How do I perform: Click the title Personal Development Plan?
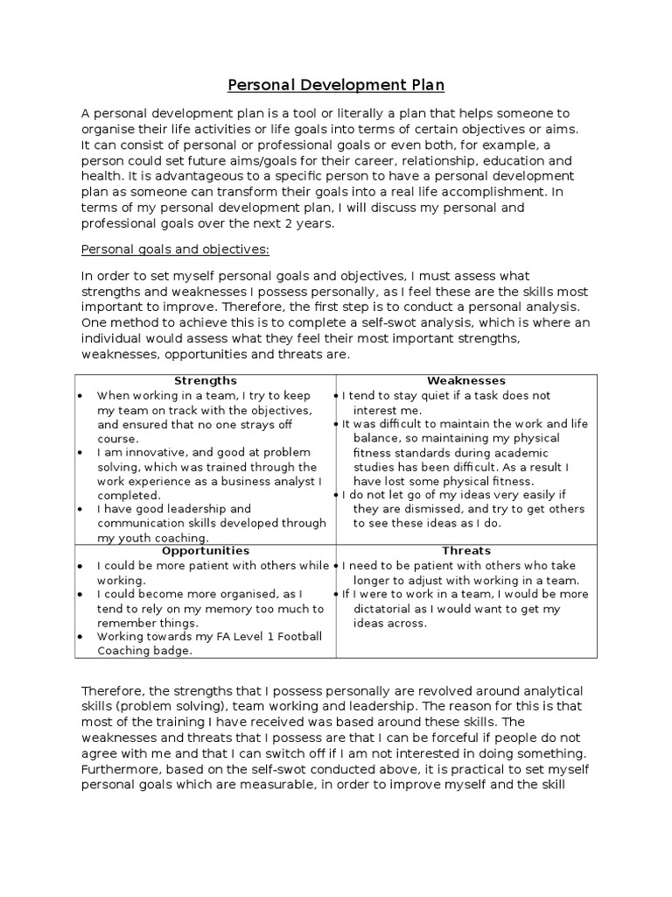[336, 85]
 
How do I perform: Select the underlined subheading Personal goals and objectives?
[175, 249]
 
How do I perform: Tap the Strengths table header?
[206, 381]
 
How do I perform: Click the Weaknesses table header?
[465, 381]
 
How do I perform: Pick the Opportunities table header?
[206, 551]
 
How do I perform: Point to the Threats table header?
[465, 551]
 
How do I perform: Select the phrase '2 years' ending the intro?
[310, 224]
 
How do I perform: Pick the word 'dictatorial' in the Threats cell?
[386, 608]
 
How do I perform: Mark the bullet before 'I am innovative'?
[80, 453]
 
